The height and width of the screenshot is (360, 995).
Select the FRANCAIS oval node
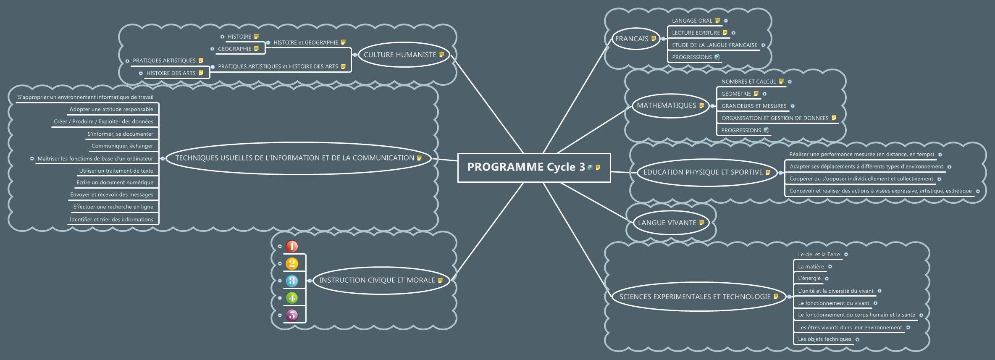[x=632, y=39]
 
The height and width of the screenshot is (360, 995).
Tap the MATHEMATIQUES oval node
[x=666, y=105]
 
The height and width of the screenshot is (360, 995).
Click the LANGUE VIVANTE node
[x=667, y=223]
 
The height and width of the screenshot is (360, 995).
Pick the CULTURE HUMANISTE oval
[x=400, y=55]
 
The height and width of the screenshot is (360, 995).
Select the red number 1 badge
[x=292, y=246]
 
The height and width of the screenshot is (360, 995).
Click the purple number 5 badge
[x=292, y=315]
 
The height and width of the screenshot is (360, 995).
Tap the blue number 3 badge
[x=292, y=281]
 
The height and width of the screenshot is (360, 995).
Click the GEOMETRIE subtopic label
[x=736, y=94]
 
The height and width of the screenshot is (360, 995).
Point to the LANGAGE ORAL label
[x=692, y=21]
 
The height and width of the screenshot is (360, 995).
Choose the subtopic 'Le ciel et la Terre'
[x=819, y=255]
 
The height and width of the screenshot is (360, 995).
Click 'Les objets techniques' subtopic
[x=824, y=339]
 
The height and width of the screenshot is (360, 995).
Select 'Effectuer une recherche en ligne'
[x=113, y=207]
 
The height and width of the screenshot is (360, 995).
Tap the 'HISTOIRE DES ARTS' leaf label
[x=171, y=73]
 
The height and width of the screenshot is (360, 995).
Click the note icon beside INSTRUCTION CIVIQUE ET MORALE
[x=440, y=280]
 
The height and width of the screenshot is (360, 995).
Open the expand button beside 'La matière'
[x=830, y=267]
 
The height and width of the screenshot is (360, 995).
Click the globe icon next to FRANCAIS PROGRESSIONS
[x=717, y=57]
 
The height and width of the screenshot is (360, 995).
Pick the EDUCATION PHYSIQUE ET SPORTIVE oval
[x=703, y=172]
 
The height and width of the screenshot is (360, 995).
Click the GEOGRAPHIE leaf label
[x=234, y=49]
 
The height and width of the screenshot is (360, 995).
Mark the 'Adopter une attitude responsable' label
[x=111, y=109]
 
